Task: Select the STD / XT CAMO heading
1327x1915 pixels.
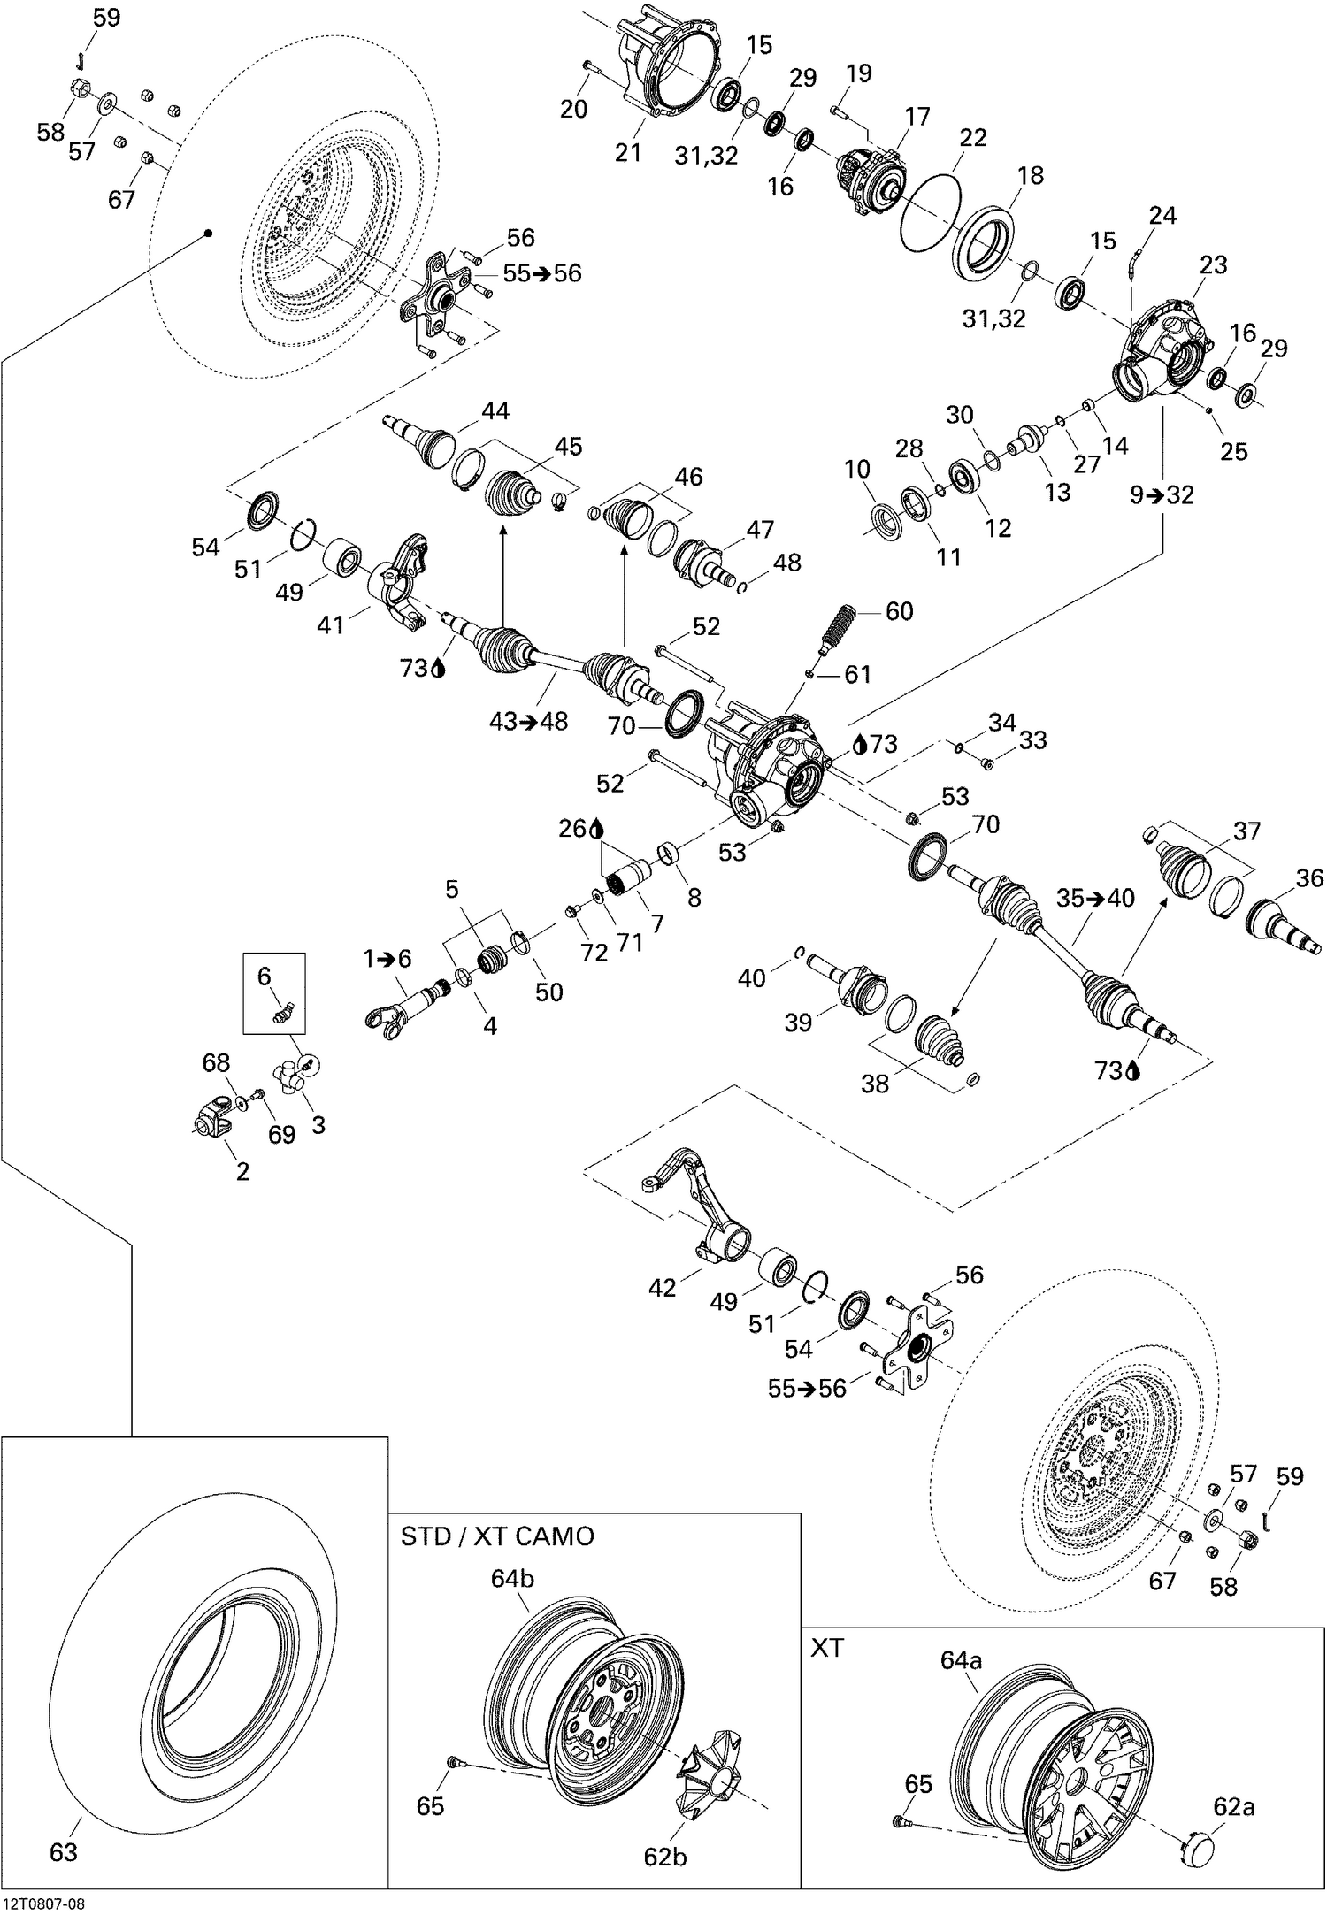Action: [496, 1536]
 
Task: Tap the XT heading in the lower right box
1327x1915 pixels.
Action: [827, 1648]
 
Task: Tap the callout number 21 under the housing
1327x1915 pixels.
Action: [627, 152]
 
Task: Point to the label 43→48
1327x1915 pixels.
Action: [528, 721]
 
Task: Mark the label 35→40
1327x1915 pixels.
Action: [1095, 898]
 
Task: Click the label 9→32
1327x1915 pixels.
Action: [1162, 494]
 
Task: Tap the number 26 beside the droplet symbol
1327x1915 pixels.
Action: [573, 828]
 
